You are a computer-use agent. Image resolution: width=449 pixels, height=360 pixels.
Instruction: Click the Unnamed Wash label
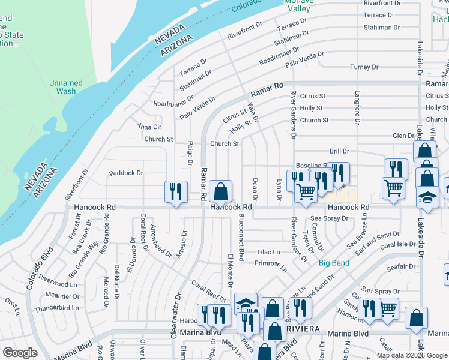(66, 87)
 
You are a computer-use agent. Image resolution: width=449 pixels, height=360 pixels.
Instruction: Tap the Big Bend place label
(334, 263)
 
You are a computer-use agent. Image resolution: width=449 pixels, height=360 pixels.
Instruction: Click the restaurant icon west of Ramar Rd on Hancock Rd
(175, 192)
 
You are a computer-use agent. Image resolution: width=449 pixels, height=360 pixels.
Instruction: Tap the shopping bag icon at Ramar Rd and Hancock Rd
(221, 192)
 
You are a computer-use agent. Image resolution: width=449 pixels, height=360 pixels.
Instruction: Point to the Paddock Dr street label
(126, 173)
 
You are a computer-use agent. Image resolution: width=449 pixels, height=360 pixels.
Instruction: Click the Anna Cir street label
(149, 127)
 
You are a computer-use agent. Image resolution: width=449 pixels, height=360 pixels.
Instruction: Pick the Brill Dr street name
(339, 152)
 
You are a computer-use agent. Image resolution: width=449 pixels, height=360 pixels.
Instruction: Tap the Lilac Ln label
(268, 252)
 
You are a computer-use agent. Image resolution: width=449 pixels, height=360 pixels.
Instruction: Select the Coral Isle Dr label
(397, 244)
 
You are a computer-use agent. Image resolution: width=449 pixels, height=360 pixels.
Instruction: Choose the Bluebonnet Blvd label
(241, 237)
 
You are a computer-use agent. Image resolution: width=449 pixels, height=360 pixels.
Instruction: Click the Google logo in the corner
(20, 353)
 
